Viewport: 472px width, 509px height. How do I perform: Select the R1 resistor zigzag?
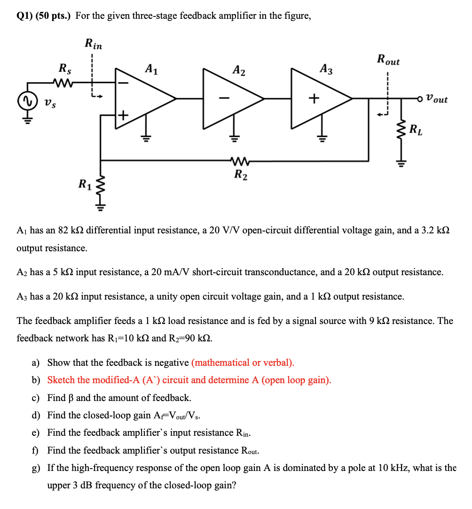(100, 185)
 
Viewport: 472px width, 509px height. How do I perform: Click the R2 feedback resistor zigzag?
(240, 162)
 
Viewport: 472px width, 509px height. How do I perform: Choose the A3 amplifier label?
(326, 69)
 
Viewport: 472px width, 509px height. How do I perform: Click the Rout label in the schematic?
(388, 60)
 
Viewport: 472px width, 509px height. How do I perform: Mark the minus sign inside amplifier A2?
(225, 98)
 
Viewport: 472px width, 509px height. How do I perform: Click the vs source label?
(48, 101)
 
